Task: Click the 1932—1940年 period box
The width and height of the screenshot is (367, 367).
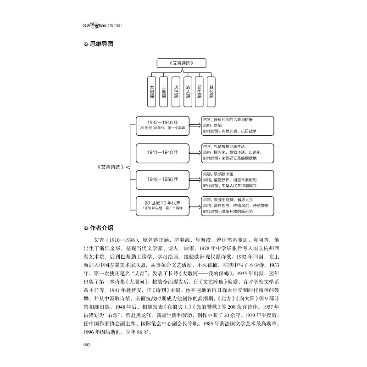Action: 162,126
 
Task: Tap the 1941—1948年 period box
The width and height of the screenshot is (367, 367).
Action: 162,152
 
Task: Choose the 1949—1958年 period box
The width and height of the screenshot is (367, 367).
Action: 162,179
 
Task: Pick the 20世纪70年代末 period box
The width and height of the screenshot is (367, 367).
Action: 162,205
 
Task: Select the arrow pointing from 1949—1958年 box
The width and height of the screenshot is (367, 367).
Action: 195,179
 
